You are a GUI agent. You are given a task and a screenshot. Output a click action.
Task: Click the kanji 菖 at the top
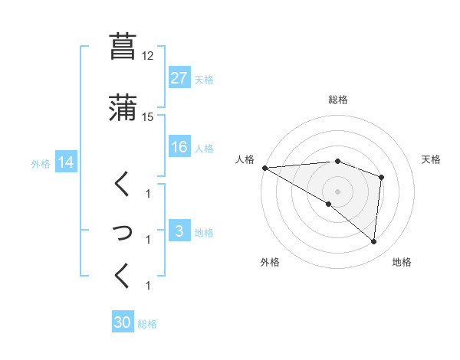[123, 46]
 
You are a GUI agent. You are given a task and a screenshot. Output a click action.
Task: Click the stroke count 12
[147, 56]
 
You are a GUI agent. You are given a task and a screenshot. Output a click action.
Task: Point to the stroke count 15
[147, 117]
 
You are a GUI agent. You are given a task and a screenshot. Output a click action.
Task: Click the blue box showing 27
[179, 79]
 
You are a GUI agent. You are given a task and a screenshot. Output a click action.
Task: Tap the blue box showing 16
[179, 148]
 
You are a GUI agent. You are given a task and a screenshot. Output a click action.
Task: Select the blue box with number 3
[179, 232]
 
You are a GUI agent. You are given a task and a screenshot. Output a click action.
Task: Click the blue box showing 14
[66, 162]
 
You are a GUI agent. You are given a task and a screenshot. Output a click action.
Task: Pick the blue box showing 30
[123, 323]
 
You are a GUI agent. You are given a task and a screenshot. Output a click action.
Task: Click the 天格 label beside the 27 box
[204, 80]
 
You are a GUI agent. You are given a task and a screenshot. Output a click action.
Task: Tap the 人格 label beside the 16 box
[204, 149]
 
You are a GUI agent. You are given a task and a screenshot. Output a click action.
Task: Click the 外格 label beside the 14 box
[41, 163]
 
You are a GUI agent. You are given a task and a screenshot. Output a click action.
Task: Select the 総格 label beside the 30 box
[147, 324]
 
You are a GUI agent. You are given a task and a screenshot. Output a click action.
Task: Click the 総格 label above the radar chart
[338, 100]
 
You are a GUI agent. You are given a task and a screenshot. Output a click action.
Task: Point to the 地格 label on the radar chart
[402, 262]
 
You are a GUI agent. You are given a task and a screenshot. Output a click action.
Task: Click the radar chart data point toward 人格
[264, 168]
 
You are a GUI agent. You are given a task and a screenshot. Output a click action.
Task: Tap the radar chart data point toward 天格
[381, 178]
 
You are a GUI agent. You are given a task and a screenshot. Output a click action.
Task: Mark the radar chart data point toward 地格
[373, 241]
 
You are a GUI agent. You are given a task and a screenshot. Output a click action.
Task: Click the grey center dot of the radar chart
[338, 191]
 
